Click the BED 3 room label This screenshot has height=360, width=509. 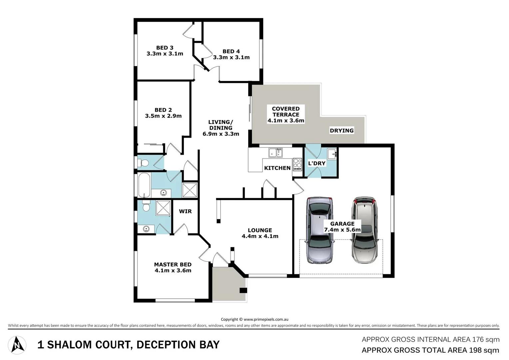click(x=165, y=48)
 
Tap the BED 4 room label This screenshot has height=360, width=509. click(x=231, y=51)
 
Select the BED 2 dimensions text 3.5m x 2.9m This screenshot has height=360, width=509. click(x=163, y=116)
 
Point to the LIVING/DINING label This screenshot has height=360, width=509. click(x=221, y=125)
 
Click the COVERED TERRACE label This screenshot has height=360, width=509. click(x=285, y=111)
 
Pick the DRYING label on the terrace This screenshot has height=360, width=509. click(x=341, y=131)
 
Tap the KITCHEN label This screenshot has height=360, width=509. click(x=277, y=168)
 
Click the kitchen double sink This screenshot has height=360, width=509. click(x=275, y=153)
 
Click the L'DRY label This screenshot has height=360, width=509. click(x=316, y=163)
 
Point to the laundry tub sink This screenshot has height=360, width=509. click(x=332, y=154)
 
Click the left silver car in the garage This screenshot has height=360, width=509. click(x=320, y=230)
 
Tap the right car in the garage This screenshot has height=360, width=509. click(x=365, y=230)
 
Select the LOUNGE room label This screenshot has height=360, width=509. click(x=260, y=230)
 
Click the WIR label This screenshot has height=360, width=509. click(x=185, y=211)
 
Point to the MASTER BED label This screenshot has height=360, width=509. click(x=173, y=265)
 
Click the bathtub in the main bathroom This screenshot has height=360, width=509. click(x=144, y=185)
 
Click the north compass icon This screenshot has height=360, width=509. click(x=17, y=345)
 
